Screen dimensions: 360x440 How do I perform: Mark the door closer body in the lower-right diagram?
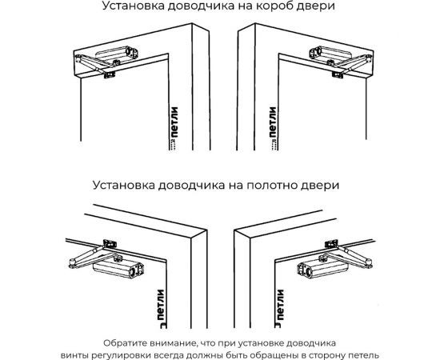point(316,270)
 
